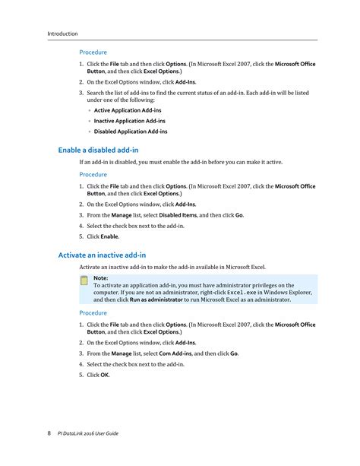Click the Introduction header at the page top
(x=62, y=33)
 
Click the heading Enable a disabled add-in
(x=98, y=151)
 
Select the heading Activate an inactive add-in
(x=102, y=255)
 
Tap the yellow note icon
(x=85, y=281)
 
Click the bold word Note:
(x=101, y=278)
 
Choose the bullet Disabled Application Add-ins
(x=131, y=132)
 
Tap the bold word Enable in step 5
(x=109, y=236)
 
